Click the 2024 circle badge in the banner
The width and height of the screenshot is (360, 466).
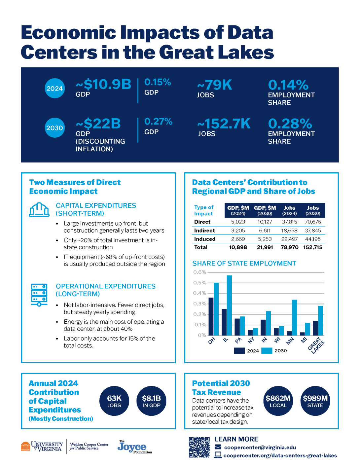(54, 89)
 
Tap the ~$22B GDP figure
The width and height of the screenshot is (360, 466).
(98, 124)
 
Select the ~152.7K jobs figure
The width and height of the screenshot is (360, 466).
(224, 124)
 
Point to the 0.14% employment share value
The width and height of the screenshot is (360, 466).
(288, 85)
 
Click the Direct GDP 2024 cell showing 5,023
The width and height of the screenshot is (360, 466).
(238, 222)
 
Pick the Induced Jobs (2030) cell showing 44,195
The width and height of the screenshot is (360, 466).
(313, 239)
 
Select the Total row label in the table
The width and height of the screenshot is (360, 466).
(201, 247)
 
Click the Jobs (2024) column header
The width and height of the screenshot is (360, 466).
(289, 210)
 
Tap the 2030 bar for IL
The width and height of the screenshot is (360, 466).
(229, 305)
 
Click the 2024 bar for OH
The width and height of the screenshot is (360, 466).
(211, 316)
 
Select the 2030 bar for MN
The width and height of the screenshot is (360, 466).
(294, 317)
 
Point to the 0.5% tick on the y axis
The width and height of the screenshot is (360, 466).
(199, 283)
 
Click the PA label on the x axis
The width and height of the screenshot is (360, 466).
(238, 341)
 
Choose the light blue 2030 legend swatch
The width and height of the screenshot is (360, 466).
(267, 351)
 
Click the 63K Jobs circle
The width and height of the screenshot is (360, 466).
(114, 401)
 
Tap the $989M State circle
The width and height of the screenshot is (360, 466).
(315, 401)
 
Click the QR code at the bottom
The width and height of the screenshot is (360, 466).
(199, 447)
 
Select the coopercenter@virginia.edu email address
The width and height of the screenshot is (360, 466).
(260, 448)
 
